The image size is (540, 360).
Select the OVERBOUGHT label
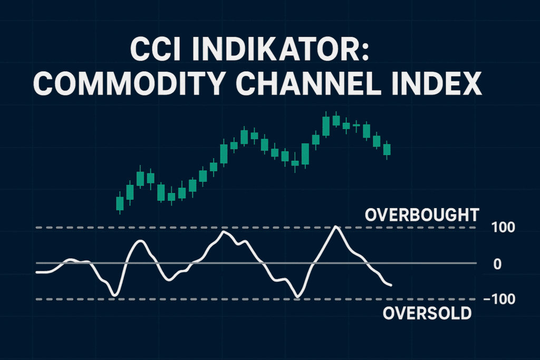pyautogui.click(x=422, y=215)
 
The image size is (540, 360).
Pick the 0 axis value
pyautogui.click(x=497, y=264)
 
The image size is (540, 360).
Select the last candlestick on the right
pyautogui.click(x=387, y=149)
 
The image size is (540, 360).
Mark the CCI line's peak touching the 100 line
pyautogui.click(x=336, y=227)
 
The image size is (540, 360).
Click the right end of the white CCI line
pyautogui.click(x=391, y=286)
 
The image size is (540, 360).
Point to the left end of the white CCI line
pyautogui.click(x=36, y=272)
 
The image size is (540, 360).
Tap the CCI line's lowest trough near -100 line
pyautogui.click(x=298, y=297)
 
